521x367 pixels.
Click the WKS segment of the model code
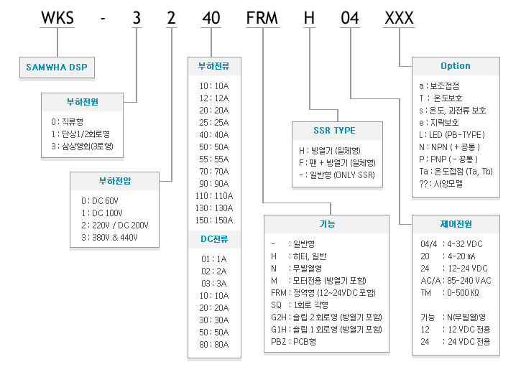coord(57,18)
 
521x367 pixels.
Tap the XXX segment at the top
coord(399,18)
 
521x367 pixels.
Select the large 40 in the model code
coord(211,18)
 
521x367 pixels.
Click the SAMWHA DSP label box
coord(57,68)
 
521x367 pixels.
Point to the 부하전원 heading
coord(83,102)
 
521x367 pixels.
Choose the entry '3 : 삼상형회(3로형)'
coord(82,146)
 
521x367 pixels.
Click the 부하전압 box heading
coord(115,181)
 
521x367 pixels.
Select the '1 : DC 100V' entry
coord(102,213)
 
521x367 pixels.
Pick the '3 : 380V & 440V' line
coord(110,238)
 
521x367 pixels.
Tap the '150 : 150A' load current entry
coord(214,220)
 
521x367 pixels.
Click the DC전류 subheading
coord(214,239)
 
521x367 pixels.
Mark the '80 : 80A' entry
coord(214,345)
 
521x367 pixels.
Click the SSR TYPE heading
coord(335,131)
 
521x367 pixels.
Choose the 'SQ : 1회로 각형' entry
coord(300,305)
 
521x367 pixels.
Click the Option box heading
coord(456,66)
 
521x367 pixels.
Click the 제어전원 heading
coord(456,224)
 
